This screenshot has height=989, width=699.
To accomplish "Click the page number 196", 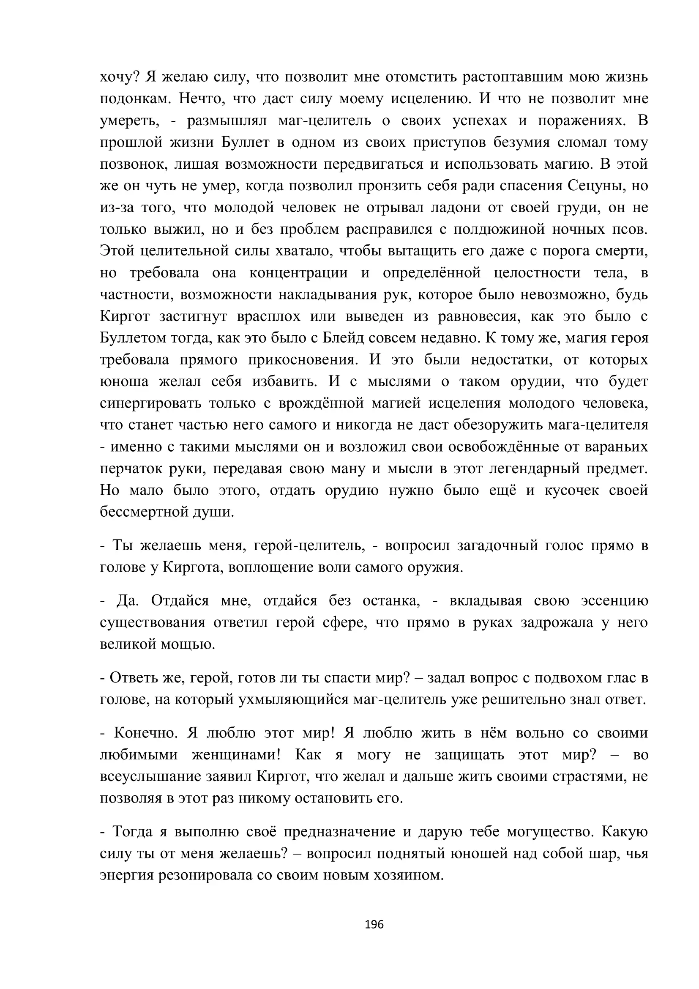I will point(374,924).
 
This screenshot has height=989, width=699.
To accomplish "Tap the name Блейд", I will point(343,338).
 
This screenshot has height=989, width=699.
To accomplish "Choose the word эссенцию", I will point(614,600).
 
